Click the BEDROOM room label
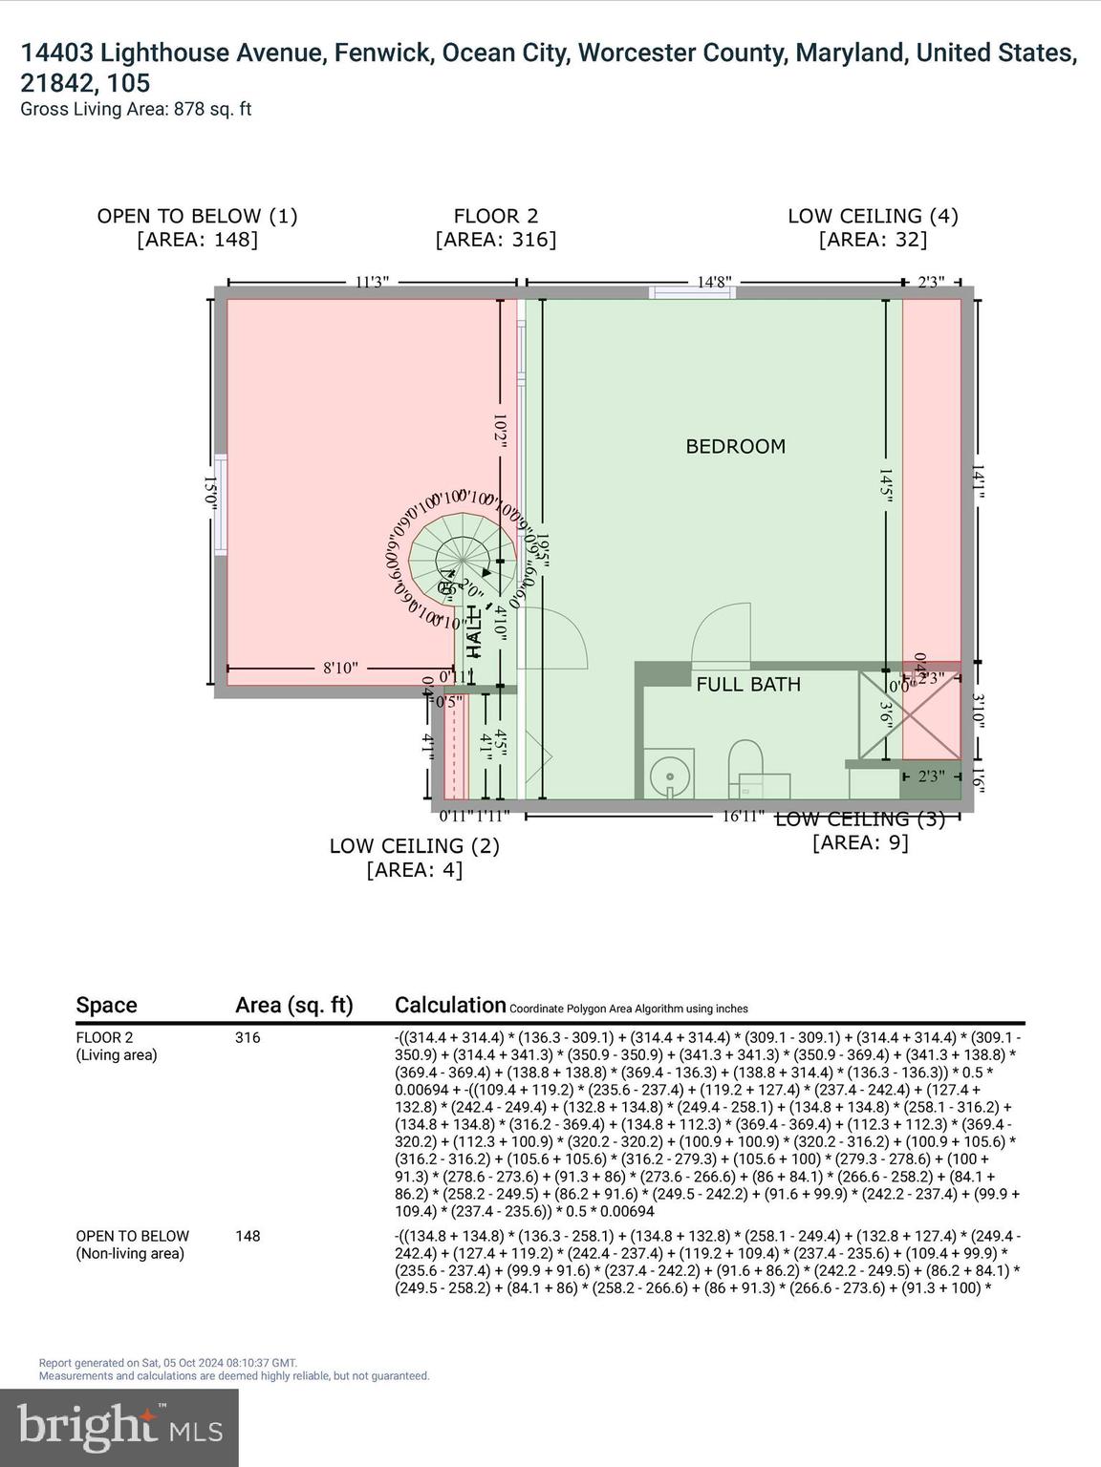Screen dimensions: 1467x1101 coord(735,446)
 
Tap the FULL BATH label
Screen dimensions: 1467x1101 coord(747,684)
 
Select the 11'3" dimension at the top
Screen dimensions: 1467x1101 coord(372,282)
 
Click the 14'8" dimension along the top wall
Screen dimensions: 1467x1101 coord(714,282)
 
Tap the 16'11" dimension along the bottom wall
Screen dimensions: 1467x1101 coord(743,816)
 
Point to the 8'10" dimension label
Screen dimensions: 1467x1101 coord(339,669)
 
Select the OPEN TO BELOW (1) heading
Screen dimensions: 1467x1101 coord(197,216)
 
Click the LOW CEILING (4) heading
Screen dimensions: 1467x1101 coord(873,216)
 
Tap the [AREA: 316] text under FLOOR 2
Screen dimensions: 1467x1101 coord(495,240)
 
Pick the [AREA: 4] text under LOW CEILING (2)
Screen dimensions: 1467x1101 coord(414,870)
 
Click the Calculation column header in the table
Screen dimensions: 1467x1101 coord(449,1005)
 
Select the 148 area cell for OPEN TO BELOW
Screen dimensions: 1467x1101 coord(248,1236)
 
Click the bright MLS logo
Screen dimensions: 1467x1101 coord(119,1428)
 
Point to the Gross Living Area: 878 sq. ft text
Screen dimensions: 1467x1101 coord(136,109)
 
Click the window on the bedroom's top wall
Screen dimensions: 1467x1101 coord(692,292)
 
